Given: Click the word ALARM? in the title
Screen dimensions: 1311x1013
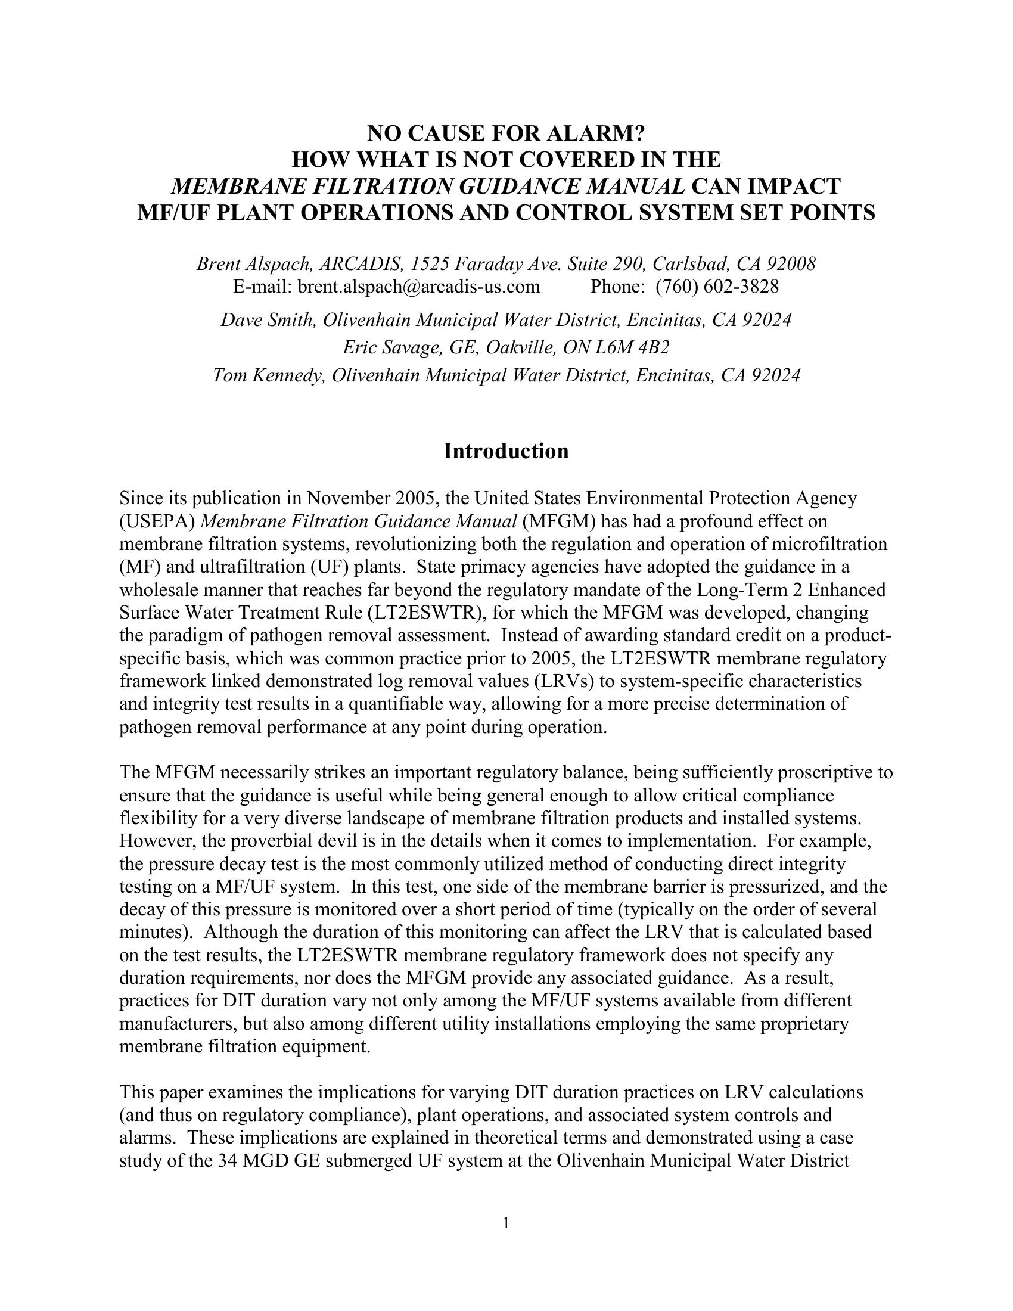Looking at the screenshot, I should tap(595, 133).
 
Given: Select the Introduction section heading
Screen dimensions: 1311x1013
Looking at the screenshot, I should tap(506, 451).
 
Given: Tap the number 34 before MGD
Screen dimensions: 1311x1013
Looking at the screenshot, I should tap(226, 1161).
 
